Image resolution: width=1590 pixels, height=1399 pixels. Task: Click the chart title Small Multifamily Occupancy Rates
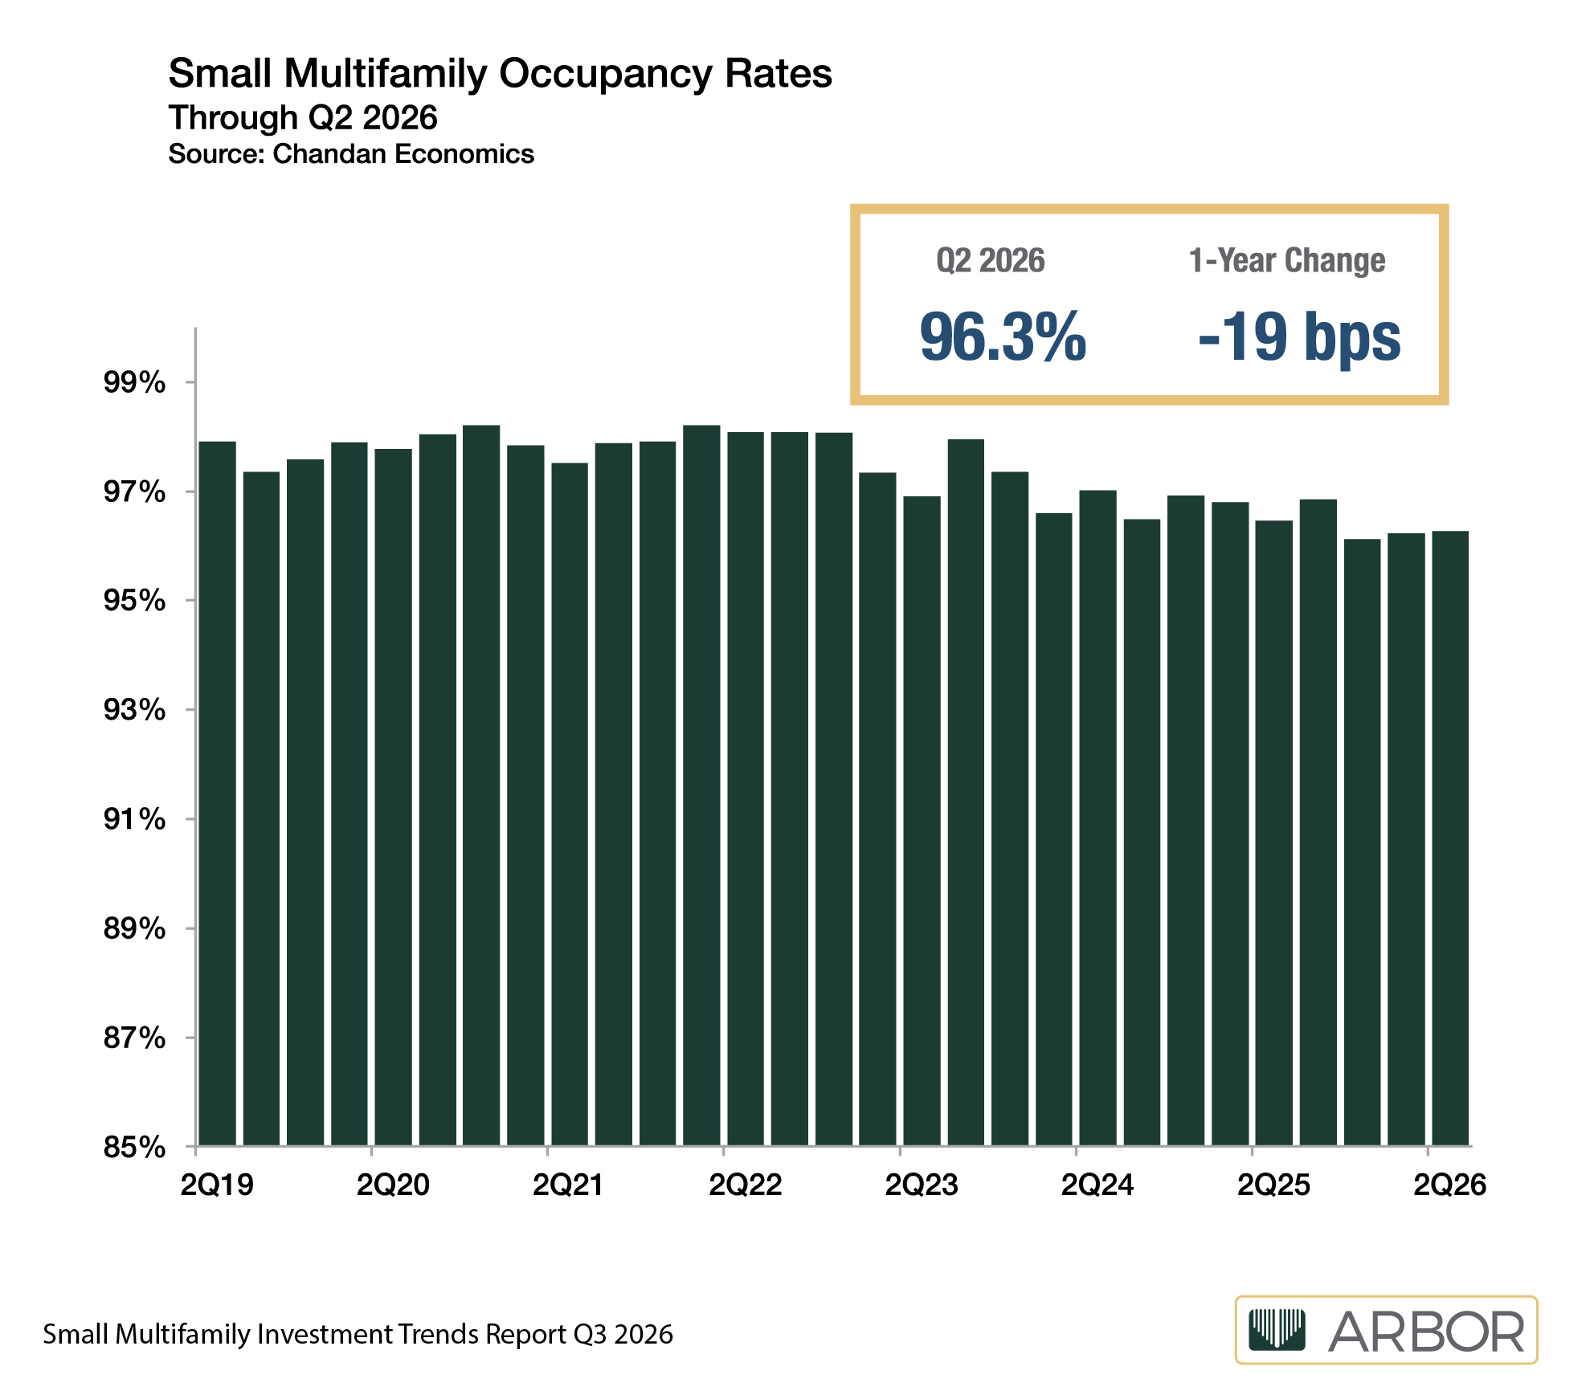pos(500,75)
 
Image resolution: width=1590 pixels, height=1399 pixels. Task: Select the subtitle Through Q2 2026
pos(303,118)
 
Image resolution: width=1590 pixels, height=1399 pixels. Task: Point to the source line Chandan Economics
pos(403,153)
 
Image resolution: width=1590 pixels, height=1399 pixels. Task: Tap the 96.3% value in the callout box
pos(1003,336)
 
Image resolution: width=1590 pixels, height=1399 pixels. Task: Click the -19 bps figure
pos(1299,337)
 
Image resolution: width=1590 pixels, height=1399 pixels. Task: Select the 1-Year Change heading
pos(1287,260)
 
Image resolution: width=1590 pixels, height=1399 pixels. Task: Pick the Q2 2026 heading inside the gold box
pos(991,260)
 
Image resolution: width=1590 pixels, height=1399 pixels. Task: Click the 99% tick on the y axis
pos(134,382)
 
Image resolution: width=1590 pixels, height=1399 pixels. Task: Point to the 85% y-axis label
pos(134,1147)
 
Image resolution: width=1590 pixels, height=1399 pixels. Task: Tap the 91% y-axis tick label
pos(134,819)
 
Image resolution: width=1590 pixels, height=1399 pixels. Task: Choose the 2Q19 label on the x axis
pos(217,1185)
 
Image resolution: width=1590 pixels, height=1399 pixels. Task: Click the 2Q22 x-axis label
pos(745,1185)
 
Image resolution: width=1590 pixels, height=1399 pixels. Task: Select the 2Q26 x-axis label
pos(1449,1185)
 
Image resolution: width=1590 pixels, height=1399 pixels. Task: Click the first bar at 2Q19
pos(217,793)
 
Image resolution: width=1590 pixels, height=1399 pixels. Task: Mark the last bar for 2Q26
pos(1450,838)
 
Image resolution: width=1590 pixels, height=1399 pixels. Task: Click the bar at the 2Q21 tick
pos(570,804)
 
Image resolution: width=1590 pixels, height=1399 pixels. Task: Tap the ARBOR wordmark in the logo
pos(1425,1332)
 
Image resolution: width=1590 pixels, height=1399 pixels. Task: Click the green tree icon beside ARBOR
pos(1277,1330)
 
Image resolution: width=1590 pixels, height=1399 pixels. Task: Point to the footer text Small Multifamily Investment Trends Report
pos(305,1334)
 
